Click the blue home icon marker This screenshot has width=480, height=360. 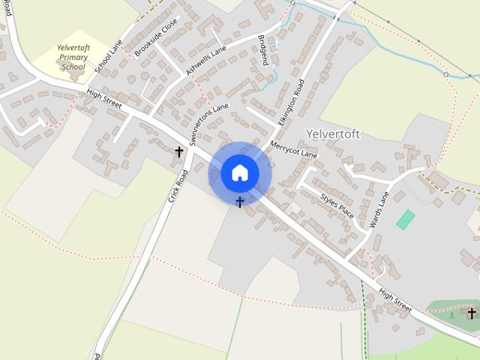pos(239,173)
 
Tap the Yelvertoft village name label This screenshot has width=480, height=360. pos(333,134)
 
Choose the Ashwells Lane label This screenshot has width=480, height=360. pos(205,59)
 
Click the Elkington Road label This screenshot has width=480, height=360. pos(290,102)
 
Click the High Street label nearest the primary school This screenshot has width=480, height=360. pos(103,100)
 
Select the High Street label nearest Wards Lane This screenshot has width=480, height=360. pos(394,301)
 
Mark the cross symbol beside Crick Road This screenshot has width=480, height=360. pos(179,151)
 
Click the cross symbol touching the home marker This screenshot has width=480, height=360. pos(240,202)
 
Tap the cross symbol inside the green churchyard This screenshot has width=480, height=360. pos(472,313)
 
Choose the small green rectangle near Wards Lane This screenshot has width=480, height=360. pos(405,220)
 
